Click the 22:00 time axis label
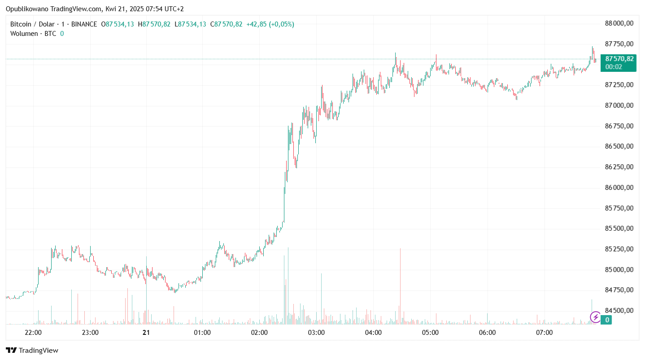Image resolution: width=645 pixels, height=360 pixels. tap(33, 333)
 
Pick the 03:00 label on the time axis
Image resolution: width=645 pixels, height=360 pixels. tap(316, 333)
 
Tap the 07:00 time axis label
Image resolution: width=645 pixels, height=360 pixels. tap(545, 333)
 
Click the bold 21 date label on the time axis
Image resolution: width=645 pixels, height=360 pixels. tap(146, 333)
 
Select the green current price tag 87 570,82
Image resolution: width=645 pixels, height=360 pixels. tap(619, 59)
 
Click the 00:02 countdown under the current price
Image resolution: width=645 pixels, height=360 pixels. tap(614, 66)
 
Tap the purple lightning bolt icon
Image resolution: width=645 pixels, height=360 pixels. tap(596, 317)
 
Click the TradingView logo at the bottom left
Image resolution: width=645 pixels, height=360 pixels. tap(32, 350)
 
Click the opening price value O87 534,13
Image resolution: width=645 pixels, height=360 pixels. tap(118, 24)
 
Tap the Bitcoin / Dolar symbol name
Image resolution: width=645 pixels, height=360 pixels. tap(32, 24)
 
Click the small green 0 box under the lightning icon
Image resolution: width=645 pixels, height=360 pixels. tap(607, 320)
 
